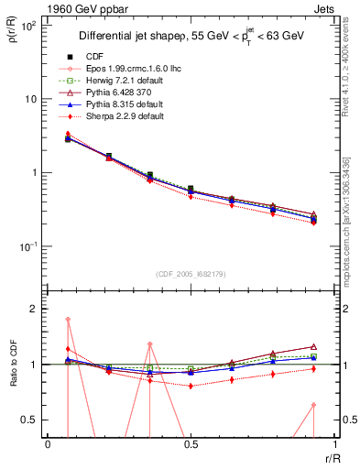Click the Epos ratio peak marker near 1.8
tap(69, 320)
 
